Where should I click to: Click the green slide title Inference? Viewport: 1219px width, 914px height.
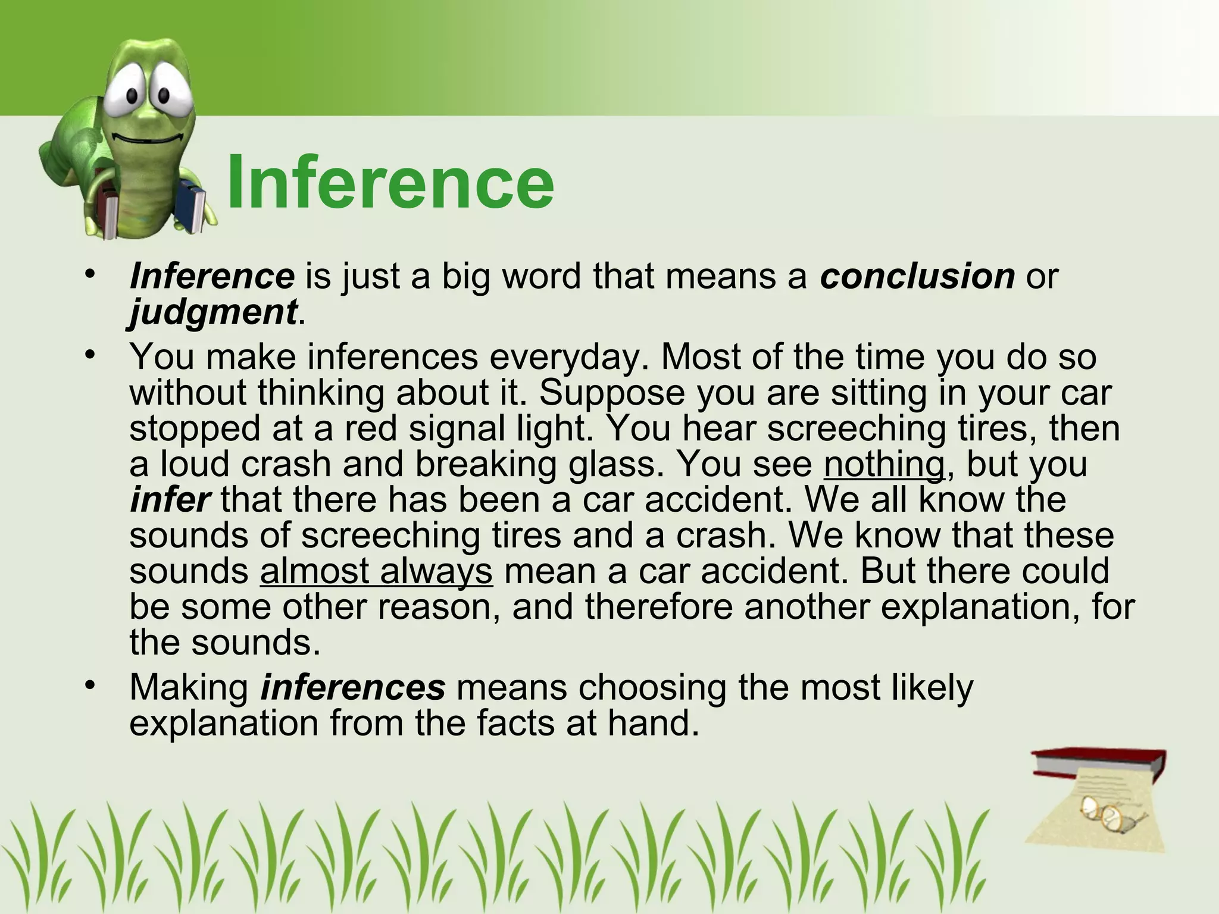coord(390,182)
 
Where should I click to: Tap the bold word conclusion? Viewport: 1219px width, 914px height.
coord(917,276)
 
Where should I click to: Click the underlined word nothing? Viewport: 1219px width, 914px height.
coord(884,464)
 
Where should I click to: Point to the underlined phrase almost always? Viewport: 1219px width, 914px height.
coord(376,571)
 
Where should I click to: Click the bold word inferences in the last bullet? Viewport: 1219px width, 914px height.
coord(353,687)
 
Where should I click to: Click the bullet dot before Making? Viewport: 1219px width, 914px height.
coord(90,686)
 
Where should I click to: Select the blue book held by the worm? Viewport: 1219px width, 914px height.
coord(192,205)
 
